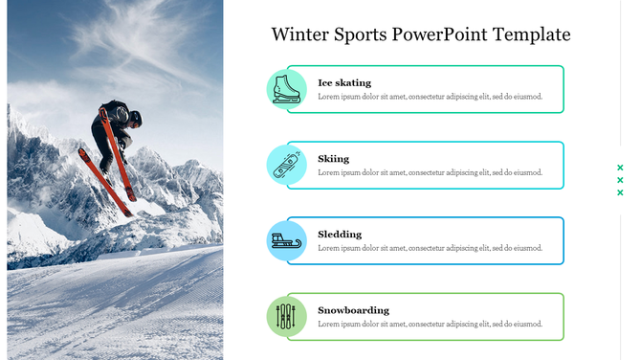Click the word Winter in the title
[x=299, y=35]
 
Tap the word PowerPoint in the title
[x=440, y=35]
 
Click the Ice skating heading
[x=344, y=83]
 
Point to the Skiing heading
[x=334, y=159]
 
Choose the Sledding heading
[x=340, y=235]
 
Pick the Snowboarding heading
[x=353, y=310]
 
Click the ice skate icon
[x=286, y=89]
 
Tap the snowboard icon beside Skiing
[x=286, y=165]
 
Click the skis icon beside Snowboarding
[x=286, y=317]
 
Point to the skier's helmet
[x=135, y=118]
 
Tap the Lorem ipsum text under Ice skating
[x=430, y=97]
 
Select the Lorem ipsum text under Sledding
[x=430, y=248]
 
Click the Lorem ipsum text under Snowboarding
[x=430, y=324]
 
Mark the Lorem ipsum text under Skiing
[x=430, y=172]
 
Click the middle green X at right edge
[x=620, y=180]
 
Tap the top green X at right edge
[x=620, y=168]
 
